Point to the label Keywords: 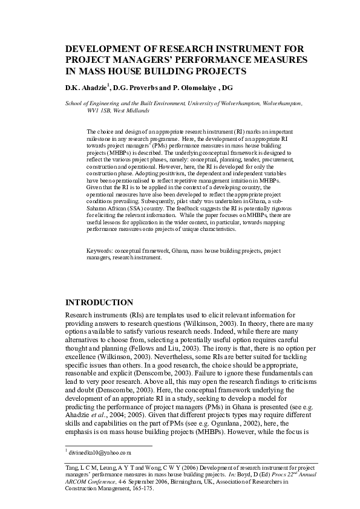[x=100, y=250]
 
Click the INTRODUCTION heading [x=99, y=302]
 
